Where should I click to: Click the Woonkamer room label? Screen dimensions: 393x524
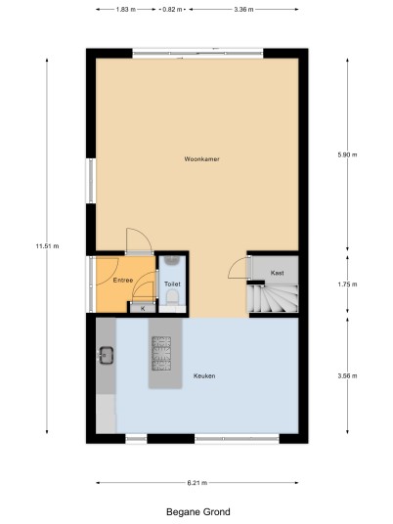(x=201, y=159)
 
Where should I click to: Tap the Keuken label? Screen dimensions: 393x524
(x=204, y=376)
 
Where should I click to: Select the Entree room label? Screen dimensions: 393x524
(x=123, y=280)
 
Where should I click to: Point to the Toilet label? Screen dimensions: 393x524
(x=172, y=284)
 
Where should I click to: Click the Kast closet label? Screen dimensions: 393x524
(x=277, y=273)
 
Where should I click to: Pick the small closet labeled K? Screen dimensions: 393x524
(x=143, y=308)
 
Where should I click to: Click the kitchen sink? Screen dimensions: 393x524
(x=106, y=355)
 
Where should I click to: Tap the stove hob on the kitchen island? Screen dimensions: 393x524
(x=161, y=354)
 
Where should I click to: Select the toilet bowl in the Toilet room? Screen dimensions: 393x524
(x=172, y=297)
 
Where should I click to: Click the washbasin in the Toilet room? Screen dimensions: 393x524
(x=172, y=259)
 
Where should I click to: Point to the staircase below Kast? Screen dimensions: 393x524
(x=273, y=298)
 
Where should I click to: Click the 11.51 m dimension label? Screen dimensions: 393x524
(x=48, y=246)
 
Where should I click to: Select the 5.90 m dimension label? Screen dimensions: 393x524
(x=347, y=154)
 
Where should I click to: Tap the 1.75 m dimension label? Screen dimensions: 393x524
(x=347, y=284)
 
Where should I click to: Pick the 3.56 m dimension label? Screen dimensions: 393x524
(x=347, y=376)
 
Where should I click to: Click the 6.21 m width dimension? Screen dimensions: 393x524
(x=197, y=483)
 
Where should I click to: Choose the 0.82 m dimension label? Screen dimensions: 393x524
(x=172, y=10)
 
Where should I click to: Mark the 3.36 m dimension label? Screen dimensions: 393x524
(x=243, y=10)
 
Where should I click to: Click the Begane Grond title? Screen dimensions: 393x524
(x=198, y=512)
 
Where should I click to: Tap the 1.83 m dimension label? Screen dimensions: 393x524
(x=126, y=10)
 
